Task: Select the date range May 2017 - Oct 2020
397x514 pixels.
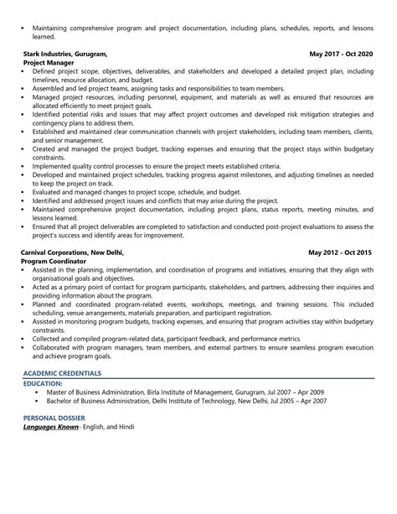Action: click(341, 53)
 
